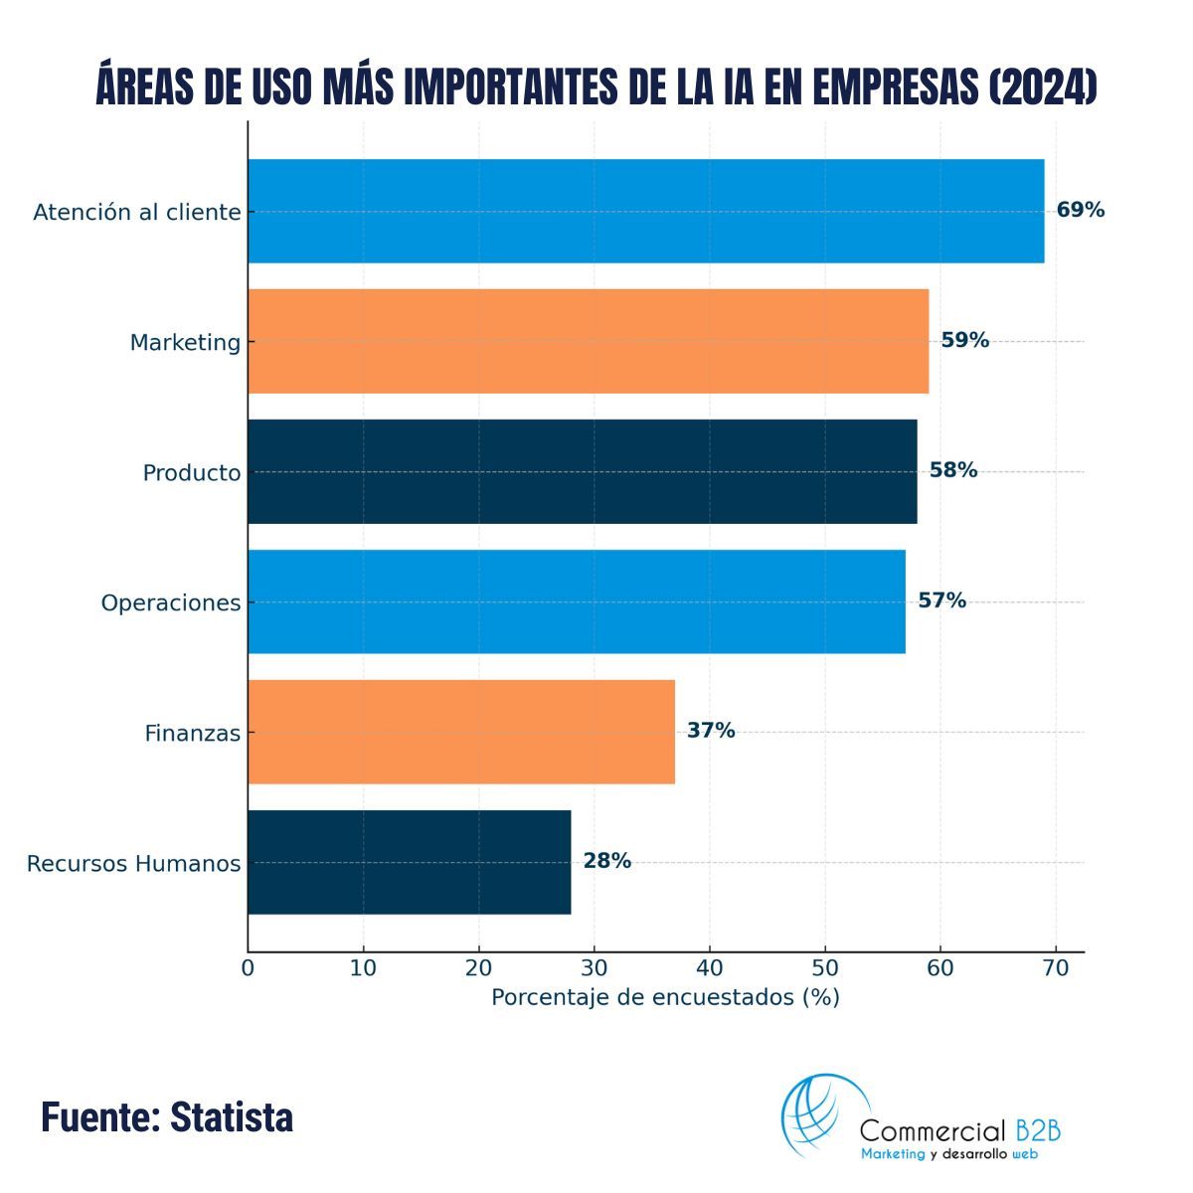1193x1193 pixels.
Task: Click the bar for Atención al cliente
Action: [645, 211]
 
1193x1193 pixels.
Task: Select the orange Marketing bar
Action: [588, 341]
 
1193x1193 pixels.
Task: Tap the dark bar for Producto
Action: [582, 471]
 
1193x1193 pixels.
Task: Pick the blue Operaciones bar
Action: [576, 601]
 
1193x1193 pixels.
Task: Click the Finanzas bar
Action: [461, 732]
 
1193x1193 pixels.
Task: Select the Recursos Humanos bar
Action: [409, 862]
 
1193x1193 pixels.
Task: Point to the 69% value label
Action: [1080, 210]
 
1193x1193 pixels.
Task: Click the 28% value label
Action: [606, 861]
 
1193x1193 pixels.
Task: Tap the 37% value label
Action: [711, 731]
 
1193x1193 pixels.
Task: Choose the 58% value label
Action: [952, 470]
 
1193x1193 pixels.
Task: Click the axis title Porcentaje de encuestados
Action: [665, 997]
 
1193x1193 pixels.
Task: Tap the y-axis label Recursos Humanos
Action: [133, 864]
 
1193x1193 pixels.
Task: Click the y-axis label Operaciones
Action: [170, 603]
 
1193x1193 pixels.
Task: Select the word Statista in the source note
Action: [232, 1117]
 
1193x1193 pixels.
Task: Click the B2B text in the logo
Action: [1038, 1130]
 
